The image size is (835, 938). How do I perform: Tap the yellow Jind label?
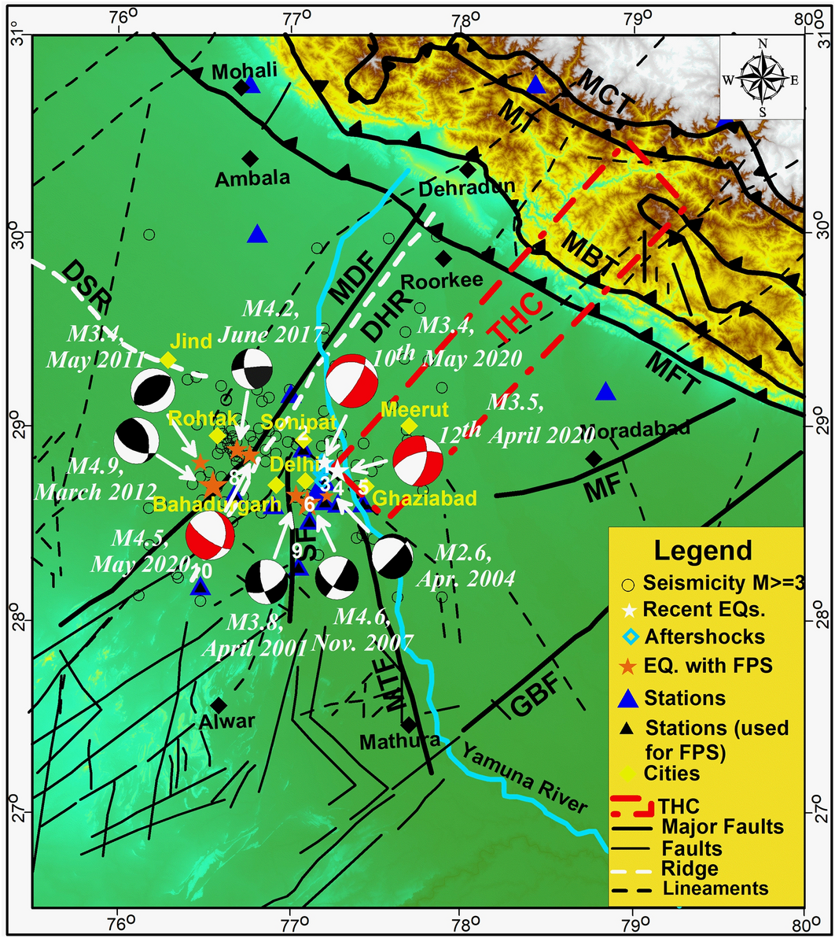point(192,342)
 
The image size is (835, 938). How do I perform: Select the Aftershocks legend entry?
point(696,636)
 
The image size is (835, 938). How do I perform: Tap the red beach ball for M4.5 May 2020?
point(210,535)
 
